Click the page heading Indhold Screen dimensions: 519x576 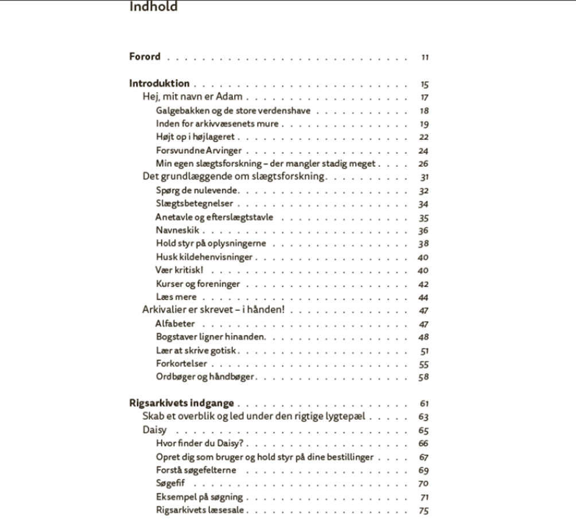click(153, 7)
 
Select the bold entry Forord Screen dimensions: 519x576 click(145, 57)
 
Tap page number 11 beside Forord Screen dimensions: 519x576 click(425, 57)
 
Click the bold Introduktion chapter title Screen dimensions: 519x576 click(159, 84)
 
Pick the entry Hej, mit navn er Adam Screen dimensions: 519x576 click(192, 97)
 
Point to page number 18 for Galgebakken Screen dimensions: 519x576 click(425, 111)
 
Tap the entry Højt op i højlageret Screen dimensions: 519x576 click(196, 137)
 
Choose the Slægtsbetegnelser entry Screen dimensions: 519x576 click(194, 204)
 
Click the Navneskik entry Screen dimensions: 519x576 click(177, 231)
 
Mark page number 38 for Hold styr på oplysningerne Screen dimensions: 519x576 click(424, 244)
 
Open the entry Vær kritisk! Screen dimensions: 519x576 click(179, 270)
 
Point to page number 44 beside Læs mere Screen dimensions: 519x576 click(424, 297)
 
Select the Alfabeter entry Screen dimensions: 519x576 click(175, 323)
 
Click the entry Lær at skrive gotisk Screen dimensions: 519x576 click(196, 350)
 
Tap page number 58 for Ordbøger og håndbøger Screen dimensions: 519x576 click(424, 377)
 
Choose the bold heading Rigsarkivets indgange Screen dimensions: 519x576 click(181, 403)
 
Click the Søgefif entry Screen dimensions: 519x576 click(170, 483)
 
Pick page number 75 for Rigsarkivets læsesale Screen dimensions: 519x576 click(424, 510)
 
